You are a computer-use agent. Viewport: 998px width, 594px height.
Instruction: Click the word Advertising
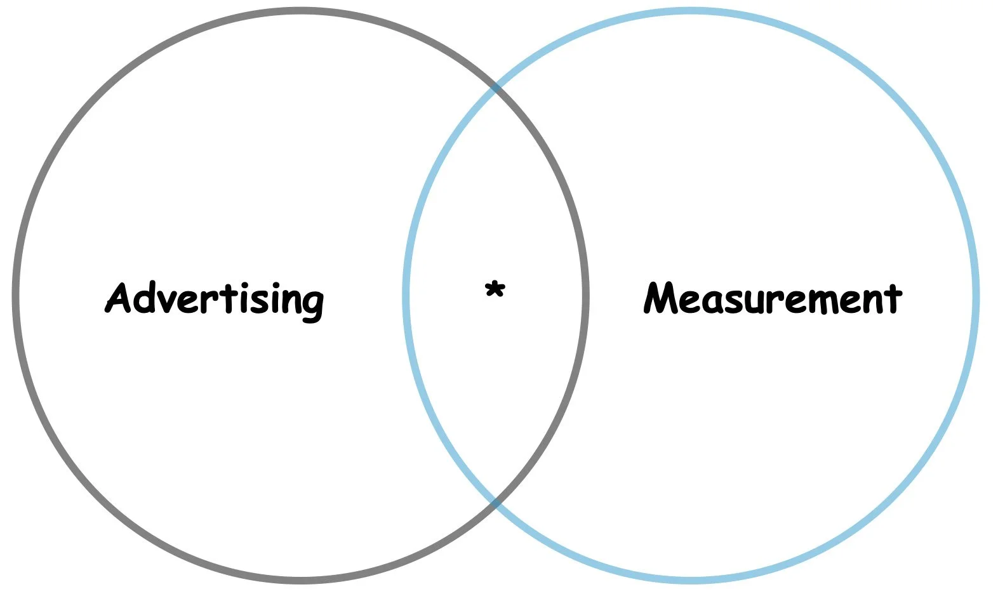tap(215, 298)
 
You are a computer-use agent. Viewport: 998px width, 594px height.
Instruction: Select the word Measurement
tap(772, 298)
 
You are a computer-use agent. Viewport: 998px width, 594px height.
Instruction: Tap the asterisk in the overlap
tap(494, 291)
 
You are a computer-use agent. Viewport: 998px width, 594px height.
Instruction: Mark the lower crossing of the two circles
tap(495, 503)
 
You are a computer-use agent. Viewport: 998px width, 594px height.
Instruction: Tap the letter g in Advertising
tap(311, 303)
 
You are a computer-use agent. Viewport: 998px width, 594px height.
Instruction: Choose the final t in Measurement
tap(893, 298)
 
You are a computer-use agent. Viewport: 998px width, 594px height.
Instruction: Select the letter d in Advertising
tap(150, 297)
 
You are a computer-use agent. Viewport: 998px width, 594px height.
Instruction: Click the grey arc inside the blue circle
tap(585, 296)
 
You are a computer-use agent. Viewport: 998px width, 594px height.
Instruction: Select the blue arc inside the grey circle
tap(406, 296)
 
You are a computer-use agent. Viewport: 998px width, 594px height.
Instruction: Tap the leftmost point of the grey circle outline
tap(16, 296)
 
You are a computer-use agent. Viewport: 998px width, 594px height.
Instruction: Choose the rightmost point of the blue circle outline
tap(975, 296)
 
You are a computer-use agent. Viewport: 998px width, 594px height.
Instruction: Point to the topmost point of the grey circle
tap(300, 11)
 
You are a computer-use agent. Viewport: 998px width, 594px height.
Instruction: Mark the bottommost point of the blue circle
tap(691, 580)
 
